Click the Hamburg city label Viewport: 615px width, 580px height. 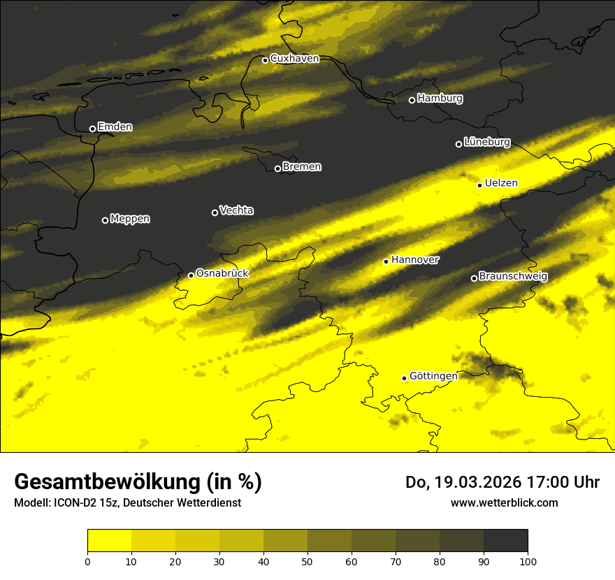[x=440, y=99]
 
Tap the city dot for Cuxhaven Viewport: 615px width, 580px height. [x=265, y=60]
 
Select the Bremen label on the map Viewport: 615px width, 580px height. [x=302, y=167]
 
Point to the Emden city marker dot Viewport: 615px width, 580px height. [x=92, y=129]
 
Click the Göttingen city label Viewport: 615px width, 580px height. [x=433, y=376]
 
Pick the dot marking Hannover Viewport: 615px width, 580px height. [x=386, y=261]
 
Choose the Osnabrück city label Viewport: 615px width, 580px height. [x=222, y=273]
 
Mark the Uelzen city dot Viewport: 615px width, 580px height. [x=479, y=185]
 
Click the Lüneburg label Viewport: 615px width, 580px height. [x=486, y=142]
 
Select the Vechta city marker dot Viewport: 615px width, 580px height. [x=215, y=212]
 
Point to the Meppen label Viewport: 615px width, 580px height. [x=130, y=219]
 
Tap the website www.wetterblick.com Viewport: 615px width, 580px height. [x=504, y=502]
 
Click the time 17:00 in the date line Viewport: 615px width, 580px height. [x=541, y=482]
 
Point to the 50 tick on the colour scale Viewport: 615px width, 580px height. [x=307, y=560]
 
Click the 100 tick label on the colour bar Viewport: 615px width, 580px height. [x=528, y=560]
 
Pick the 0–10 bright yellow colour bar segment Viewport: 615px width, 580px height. [x=109, y=541]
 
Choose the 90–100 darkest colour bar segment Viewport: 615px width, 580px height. [x=505, y=541]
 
